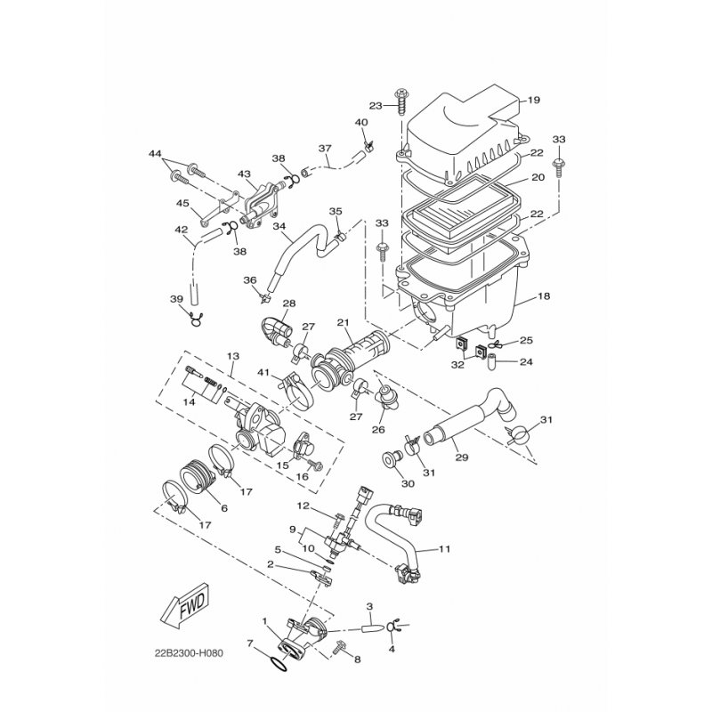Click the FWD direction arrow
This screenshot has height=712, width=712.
point(183,611)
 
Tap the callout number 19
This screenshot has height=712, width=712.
point(534,100)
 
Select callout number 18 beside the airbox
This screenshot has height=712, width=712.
point(544,295)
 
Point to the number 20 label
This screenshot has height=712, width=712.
point(537,178)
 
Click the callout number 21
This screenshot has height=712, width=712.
point(343,321)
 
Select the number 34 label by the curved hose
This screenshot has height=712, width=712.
point(279,226)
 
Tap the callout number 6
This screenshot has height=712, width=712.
point(224,508)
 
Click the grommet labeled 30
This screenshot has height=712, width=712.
point(388,461)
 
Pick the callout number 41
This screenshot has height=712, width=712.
point(263,372)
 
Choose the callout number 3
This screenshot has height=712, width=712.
point(368,605)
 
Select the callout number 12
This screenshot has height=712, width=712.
point(303,506)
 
